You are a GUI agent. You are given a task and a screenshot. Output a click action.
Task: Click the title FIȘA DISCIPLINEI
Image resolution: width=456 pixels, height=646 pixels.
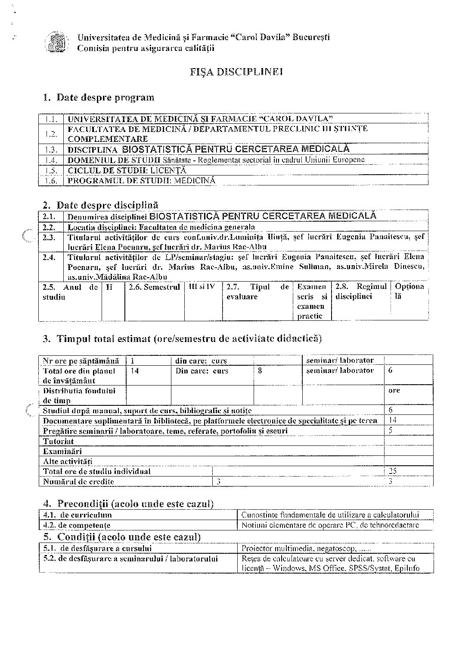tap(236, 72)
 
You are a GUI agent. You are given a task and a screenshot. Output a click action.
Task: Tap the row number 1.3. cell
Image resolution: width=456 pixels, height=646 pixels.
tap(51, 150)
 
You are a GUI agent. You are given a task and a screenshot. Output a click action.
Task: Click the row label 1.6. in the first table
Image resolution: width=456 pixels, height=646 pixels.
tap(51, 181)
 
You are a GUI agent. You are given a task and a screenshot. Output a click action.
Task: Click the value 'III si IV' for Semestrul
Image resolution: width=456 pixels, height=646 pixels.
tap(202, 287)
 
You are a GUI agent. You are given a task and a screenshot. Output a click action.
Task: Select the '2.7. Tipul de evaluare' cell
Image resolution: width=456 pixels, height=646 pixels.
tap(257, 292)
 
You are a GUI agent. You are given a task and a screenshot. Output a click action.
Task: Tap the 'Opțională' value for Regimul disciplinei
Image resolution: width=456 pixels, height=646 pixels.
tap(409, 292)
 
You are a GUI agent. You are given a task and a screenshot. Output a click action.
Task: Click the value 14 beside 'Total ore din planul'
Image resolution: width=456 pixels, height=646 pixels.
tap(134, 371)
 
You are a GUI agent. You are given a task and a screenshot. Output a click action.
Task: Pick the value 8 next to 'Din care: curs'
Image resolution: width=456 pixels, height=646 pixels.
tap(260, 370)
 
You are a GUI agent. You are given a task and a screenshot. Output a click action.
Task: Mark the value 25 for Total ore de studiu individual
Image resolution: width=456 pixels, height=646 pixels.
tap(392, 471)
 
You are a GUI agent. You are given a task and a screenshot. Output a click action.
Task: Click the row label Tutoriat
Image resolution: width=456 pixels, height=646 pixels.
tap(59, 441)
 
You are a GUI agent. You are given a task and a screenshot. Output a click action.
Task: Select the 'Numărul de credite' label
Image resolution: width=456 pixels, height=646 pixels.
tap(78, 482)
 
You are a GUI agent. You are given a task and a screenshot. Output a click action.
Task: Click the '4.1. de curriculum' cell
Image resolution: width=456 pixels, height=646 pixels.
tap(78, 514)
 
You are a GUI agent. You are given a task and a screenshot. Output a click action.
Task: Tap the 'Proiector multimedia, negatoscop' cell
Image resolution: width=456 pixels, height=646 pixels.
tap(306, 549)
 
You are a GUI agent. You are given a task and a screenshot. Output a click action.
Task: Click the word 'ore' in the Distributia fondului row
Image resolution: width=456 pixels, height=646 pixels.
tap(394, 390)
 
